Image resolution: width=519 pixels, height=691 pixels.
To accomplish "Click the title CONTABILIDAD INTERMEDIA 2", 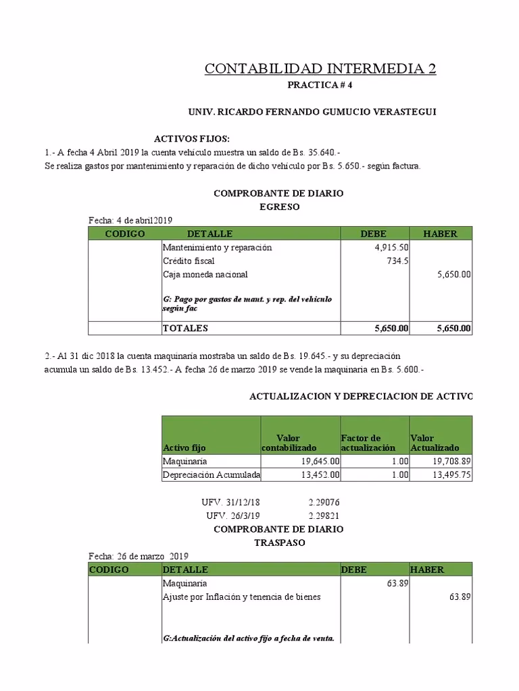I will point(320,69).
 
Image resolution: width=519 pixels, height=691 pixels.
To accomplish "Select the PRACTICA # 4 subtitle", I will point(320,86).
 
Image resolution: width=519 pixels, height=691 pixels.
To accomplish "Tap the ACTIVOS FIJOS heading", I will point(192,138).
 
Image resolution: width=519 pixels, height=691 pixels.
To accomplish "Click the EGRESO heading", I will point(279,206).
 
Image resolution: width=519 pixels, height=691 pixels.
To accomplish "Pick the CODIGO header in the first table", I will point(125,233).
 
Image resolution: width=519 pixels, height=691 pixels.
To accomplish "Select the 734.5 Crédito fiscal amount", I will point(397,261).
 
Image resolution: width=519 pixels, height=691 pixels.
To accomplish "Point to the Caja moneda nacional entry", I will point(205,275).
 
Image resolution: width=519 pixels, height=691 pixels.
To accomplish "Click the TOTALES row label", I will point(185,329).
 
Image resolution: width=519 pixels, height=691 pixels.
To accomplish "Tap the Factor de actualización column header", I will point(368,443).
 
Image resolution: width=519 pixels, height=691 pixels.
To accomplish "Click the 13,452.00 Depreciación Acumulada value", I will point(316,475).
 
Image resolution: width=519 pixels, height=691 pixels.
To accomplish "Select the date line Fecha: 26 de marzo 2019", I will point(138,556).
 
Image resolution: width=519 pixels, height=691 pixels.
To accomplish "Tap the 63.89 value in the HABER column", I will point(460,597).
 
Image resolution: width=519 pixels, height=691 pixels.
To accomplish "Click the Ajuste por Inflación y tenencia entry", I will point(241,597).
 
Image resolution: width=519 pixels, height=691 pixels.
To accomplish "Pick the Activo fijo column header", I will point(184,448).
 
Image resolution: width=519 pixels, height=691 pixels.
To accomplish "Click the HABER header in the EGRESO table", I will point(440,233).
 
